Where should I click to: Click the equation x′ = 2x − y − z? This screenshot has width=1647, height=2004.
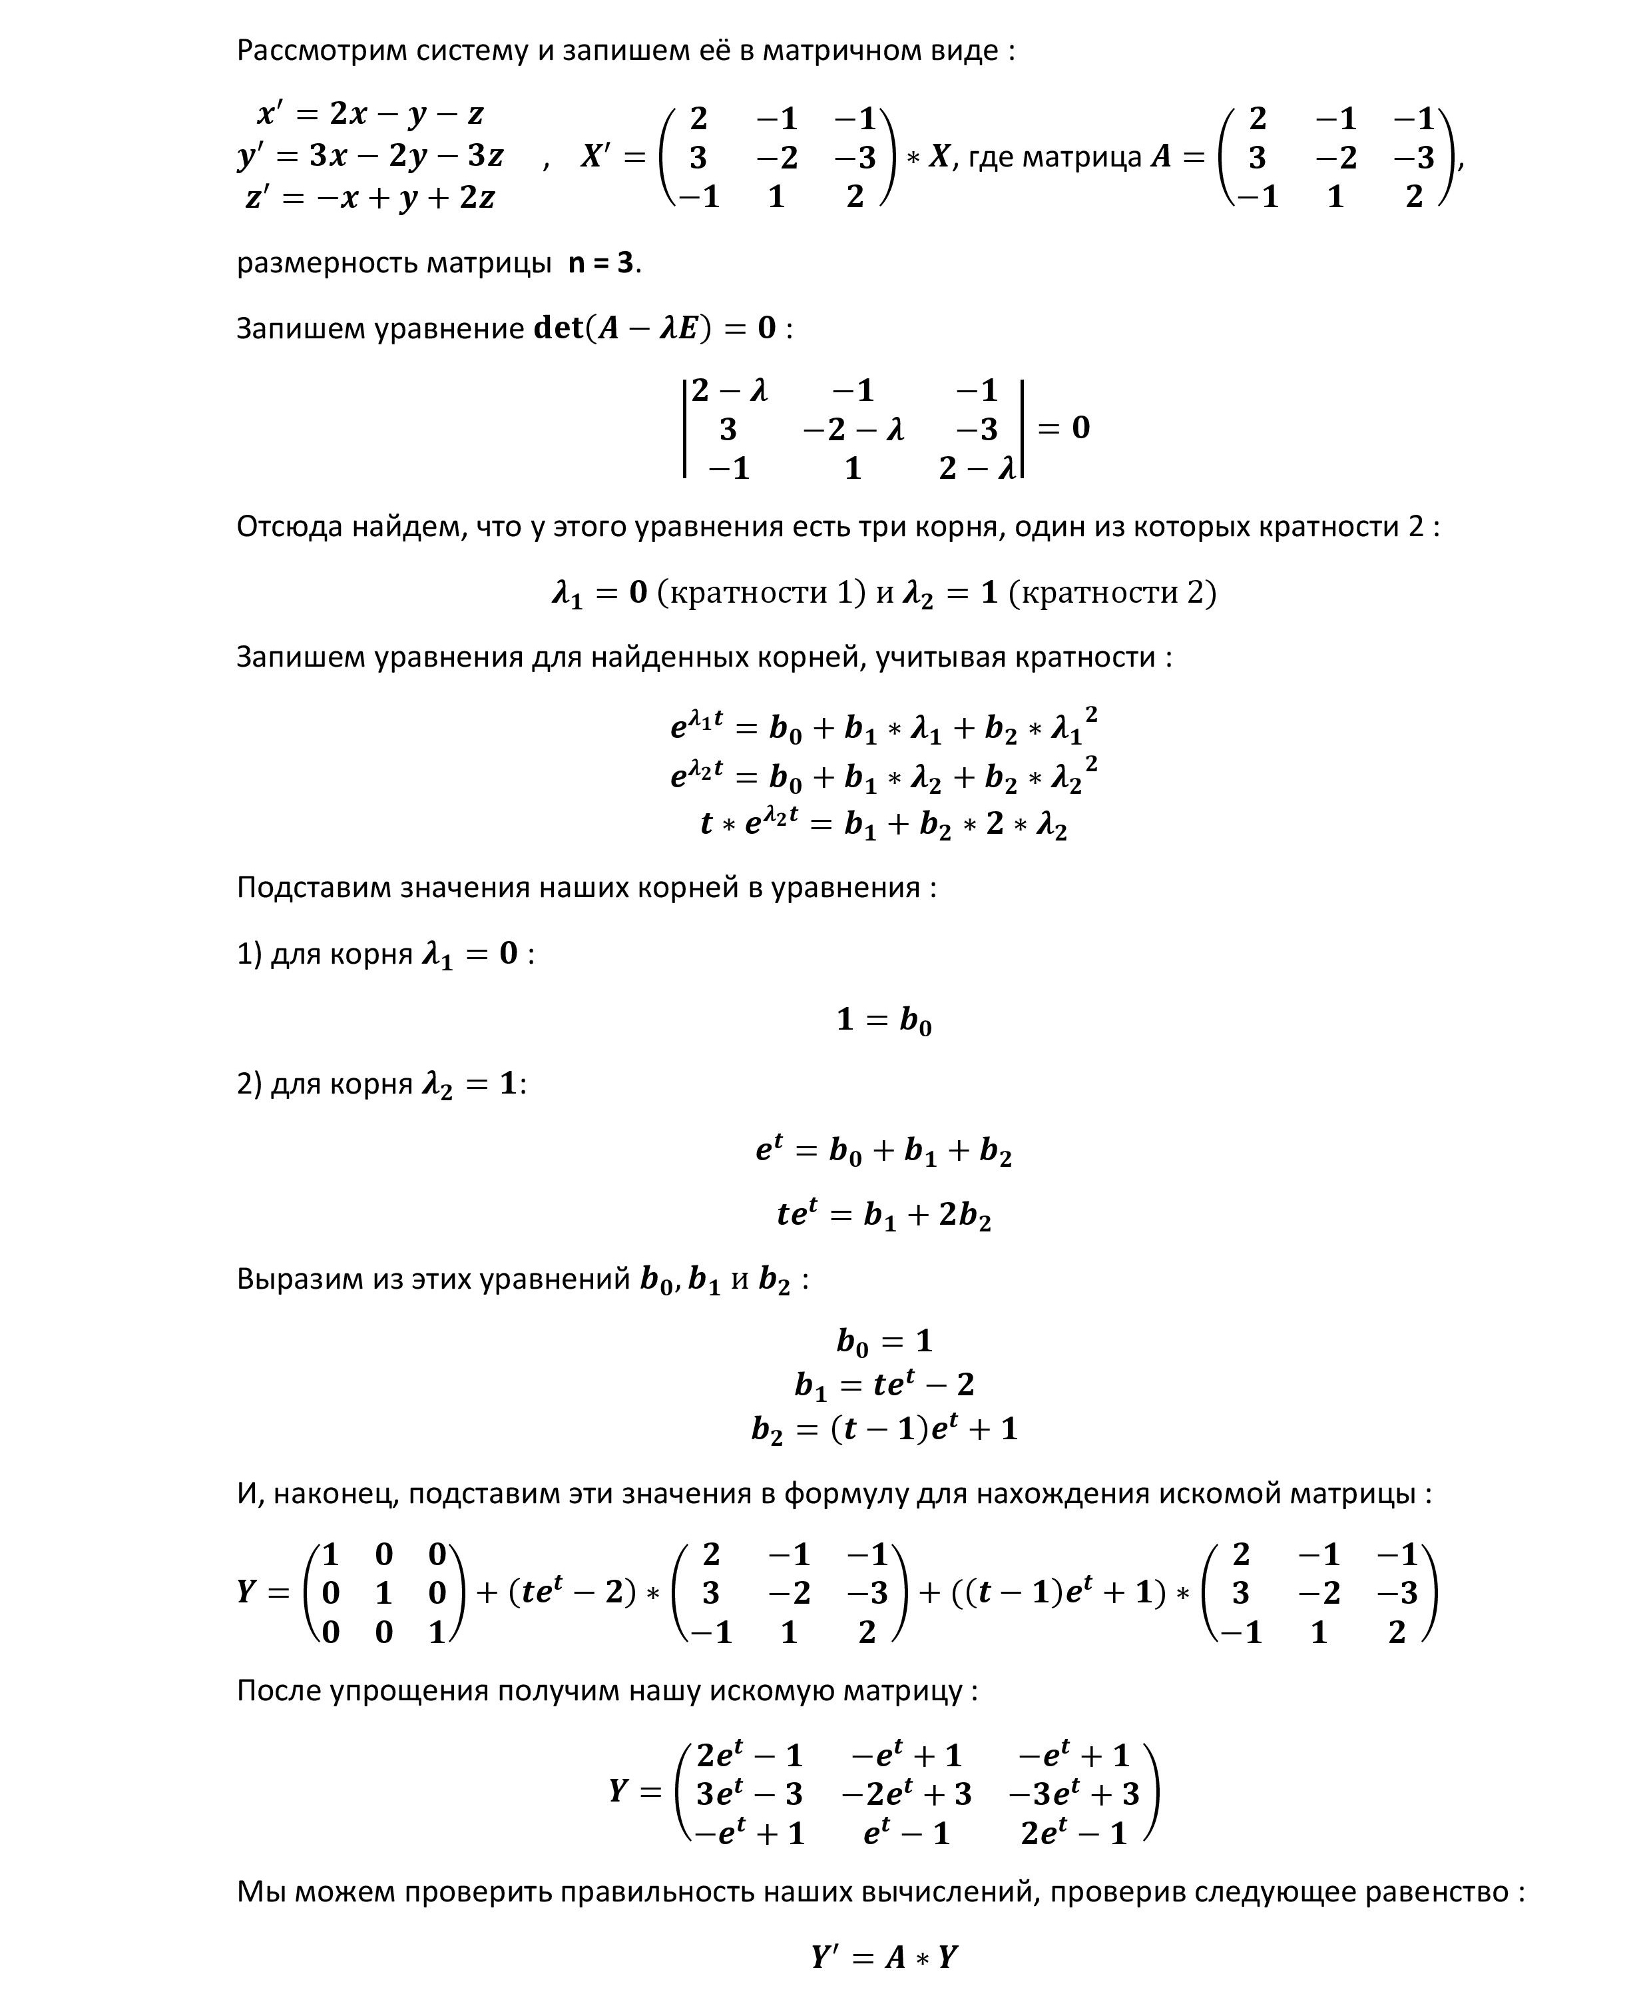370,114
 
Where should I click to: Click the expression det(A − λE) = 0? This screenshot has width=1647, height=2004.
654,328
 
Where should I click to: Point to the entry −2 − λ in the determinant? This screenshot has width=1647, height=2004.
853,430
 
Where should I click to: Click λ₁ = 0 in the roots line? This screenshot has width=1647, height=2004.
600,593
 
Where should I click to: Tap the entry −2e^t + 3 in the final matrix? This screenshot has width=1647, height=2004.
906,1794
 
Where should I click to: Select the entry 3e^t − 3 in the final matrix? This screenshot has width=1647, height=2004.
750,1794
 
